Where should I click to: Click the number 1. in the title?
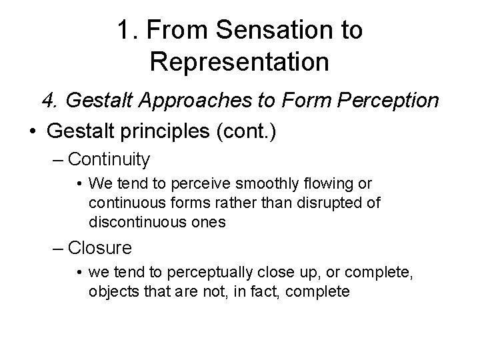coord(127,29)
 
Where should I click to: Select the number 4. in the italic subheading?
coord(51,100)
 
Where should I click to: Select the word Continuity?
coord(109,159)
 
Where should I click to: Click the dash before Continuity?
coord(59,159)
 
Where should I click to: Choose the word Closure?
coord(100,248)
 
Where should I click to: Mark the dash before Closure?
coord(59,248)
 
